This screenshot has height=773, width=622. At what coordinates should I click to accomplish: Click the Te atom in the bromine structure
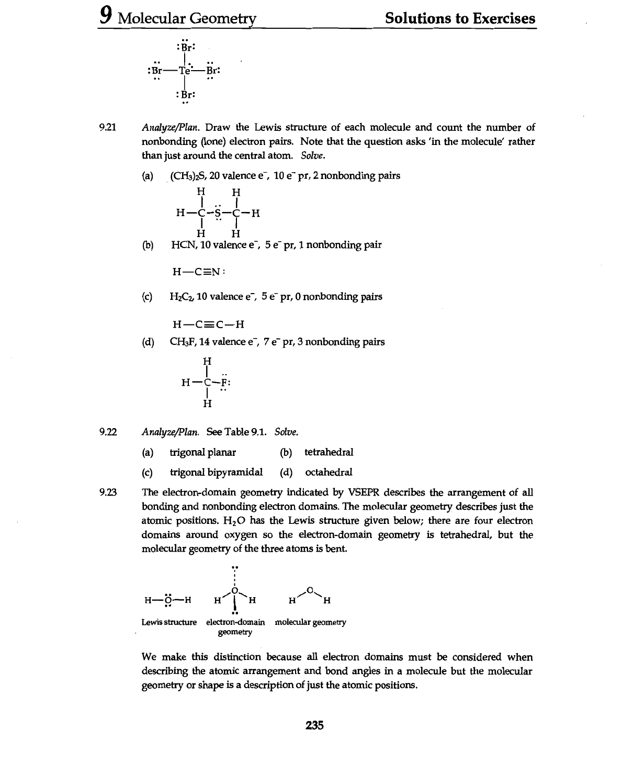tap(185, 70)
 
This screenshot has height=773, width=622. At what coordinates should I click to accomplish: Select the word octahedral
tap(329, 472)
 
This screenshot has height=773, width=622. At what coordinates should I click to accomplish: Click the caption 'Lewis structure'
tap(169, 622)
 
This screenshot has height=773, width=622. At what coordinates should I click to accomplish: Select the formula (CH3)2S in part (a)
tap(186, 176)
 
